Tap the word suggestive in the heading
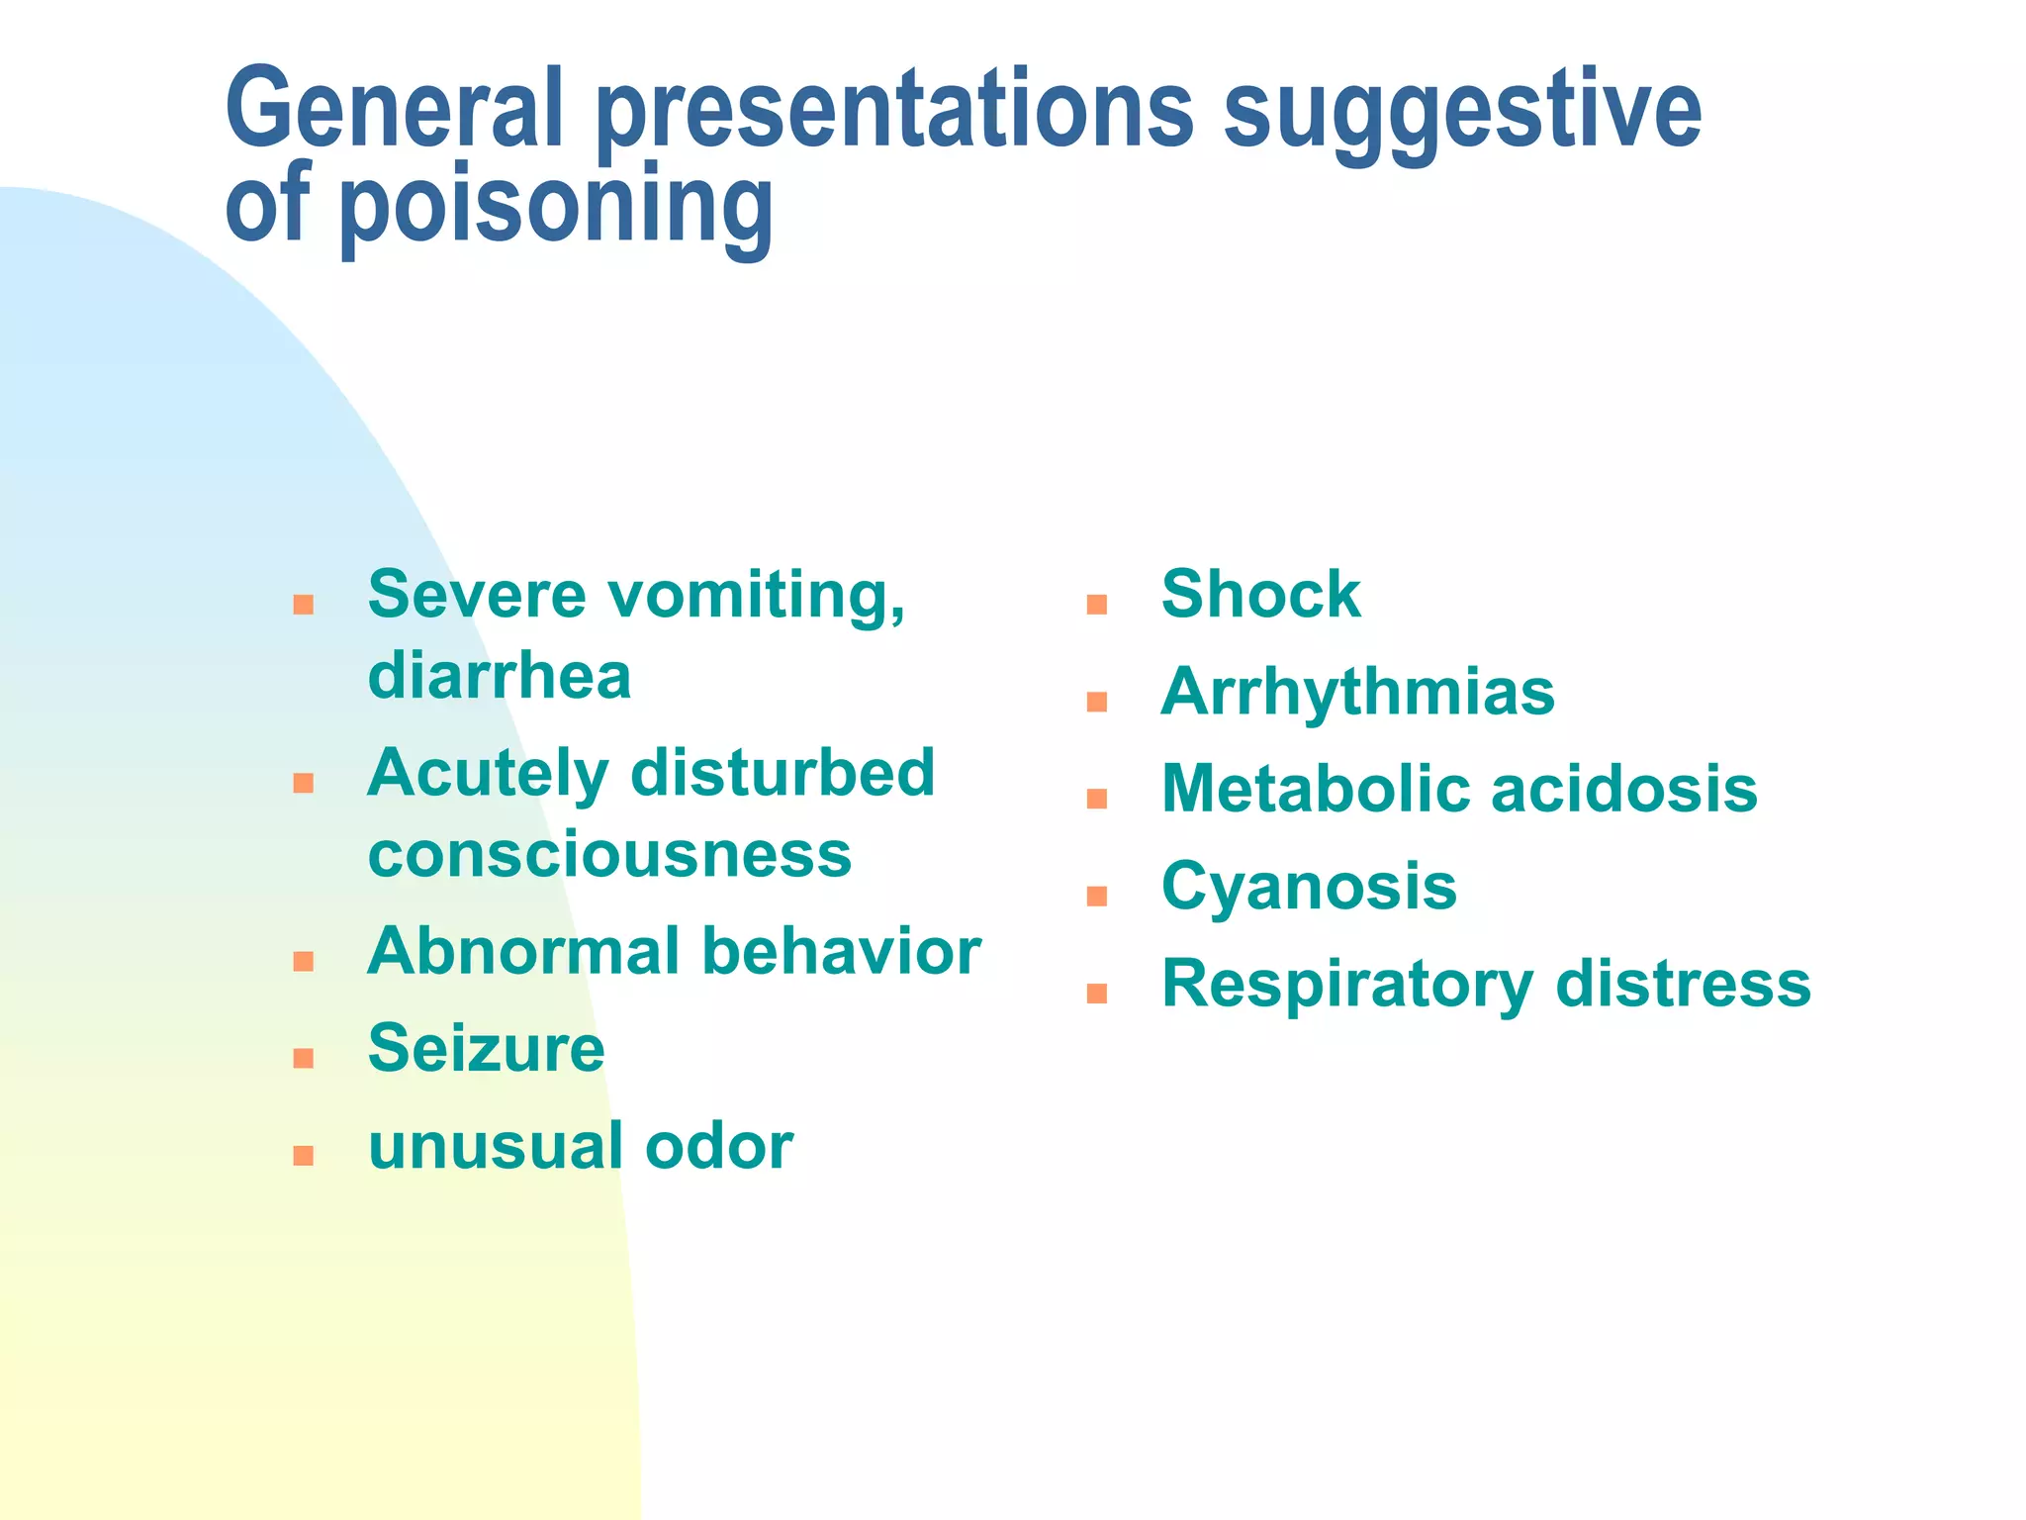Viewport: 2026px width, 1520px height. point(1462,111)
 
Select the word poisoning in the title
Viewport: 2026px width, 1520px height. point(556,206)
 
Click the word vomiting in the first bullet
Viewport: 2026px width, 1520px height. point(756,596)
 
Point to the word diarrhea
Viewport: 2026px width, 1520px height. point(499,677)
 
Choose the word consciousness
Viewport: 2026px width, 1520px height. point(609,855)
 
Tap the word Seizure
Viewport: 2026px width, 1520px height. point(486,1049)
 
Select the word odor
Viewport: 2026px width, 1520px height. point(718,1147)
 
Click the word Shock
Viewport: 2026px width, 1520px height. point(1260,595)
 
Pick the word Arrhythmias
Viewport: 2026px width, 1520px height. point(1357,693)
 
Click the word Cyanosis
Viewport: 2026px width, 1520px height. point(1309,887)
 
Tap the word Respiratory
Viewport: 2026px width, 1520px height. point(1345,986)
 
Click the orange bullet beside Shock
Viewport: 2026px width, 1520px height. point(1096,604)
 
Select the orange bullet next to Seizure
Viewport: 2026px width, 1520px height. point(304,1059)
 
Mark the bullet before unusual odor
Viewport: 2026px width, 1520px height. point(304,1156)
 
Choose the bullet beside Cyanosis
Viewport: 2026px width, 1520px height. point(1096,897)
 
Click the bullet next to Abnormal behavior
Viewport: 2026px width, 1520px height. point(304,961)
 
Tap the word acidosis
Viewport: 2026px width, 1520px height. point(1623,790)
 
